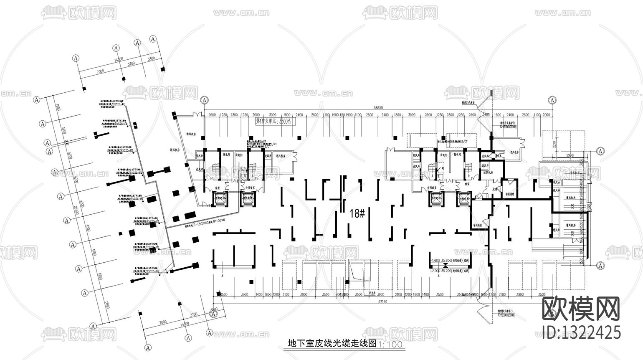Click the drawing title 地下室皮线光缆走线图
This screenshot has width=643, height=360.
pos(332,344)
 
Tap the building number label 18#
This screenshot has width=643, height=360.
pos(357,214)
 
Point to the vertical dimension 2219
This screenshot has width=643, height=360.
pos(543,145)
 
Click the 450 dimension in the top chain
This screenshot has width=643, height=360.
pos(342,115)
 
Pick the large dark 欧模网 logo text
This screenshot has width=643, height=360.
pos(580,309)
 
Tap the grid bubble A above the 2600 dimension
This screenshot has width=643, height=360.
pos(204,100)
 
